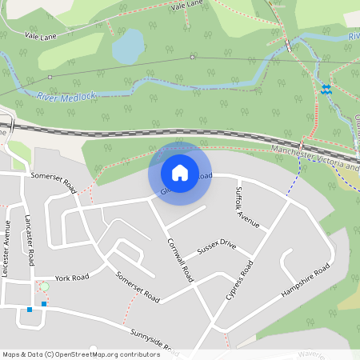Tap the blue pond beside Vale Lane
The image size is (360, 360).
(126, 49)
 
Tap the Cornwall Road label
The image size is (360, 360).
(181, 259)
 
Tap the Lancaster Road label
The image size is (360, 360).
(29, 240)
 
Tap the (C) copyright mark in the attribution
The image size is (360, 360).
(49, 354)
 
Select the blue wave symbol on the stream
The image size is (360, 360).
(326, 90)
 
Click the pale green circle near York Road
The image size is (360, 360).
(45, 286)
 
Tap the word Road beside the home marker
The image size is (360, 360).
(205, 176)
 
